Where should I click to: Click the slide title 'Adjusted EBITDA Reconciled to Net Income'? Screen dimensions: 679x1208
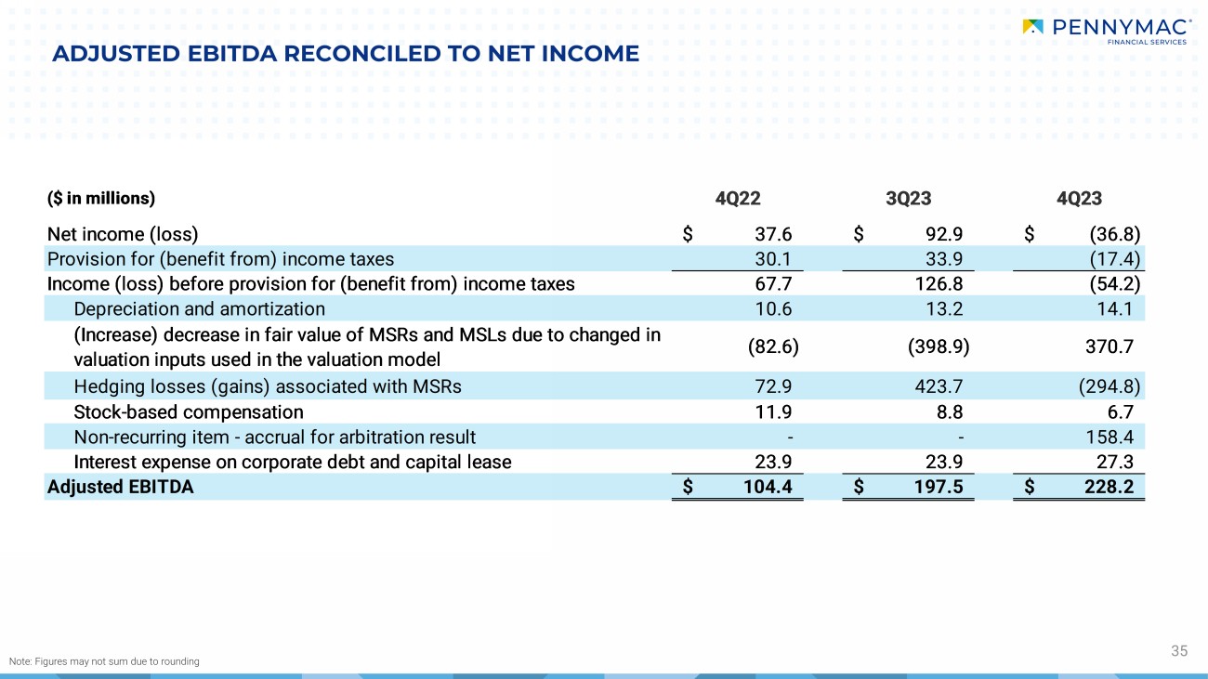[x=346, y=54]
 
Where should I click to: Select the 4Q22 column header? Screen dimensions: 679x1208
[x=738, y=198]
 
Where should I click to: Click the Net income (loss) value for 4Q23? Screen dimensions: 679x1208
[x=1114, y=234]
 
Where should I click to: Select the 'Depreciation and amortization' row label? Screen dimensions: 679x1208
[x=199, y=308]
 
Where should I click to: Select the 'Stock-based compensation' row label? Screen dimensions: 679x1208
[x=188, y=411]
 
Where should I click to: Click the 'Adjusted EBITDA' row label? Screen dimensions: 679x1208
[x=120, y=486]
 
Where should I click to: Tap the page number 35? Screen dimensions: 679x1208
[x=1179, y=651]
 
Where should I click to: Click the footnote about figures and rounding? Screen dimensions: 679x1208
[x=104, y=661]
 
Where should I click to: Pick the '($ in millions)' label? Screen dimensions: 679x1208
[x=100, y=198]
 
